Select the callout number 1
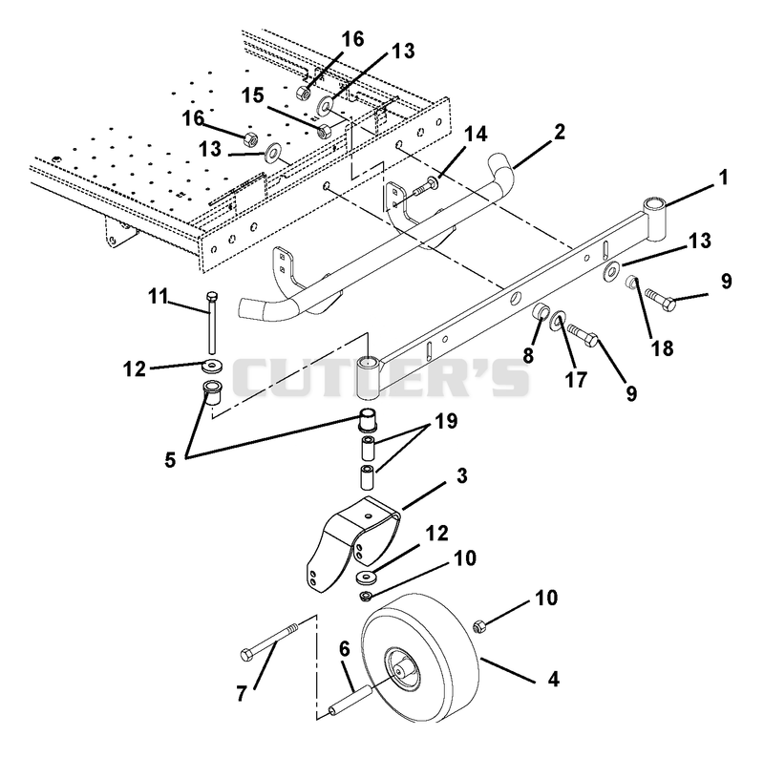724,178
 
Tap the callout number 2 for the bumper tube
560,132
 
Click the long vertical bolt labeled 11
212,323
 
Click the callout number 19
446,421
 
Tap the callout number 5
170,459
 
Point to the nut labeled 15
324,131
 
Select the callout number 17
576,380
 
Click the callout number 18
663,348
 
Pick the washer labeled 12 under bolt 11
212,365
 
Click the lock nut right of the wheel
479,626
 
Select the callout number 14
476,134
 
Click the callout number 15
253,95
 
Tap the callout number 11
158,296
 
